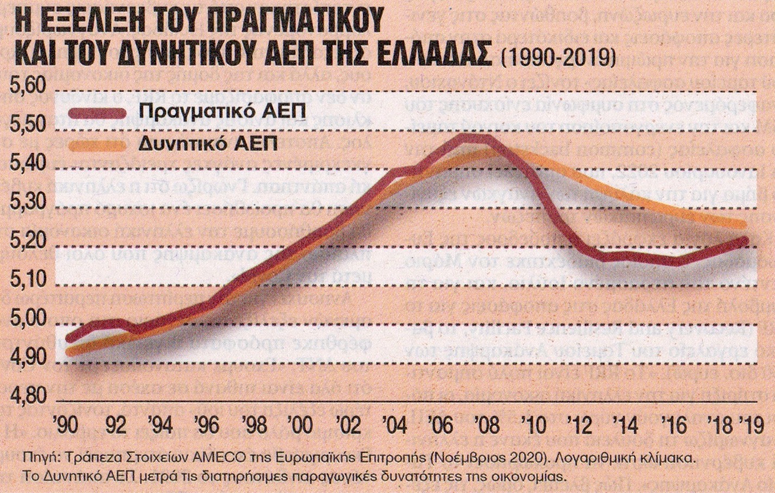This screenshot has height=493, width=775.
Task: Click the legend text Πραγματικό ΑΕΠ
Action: [208, 111]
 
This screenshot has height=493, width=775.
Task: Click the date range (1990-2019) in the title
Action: [557, 56]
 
